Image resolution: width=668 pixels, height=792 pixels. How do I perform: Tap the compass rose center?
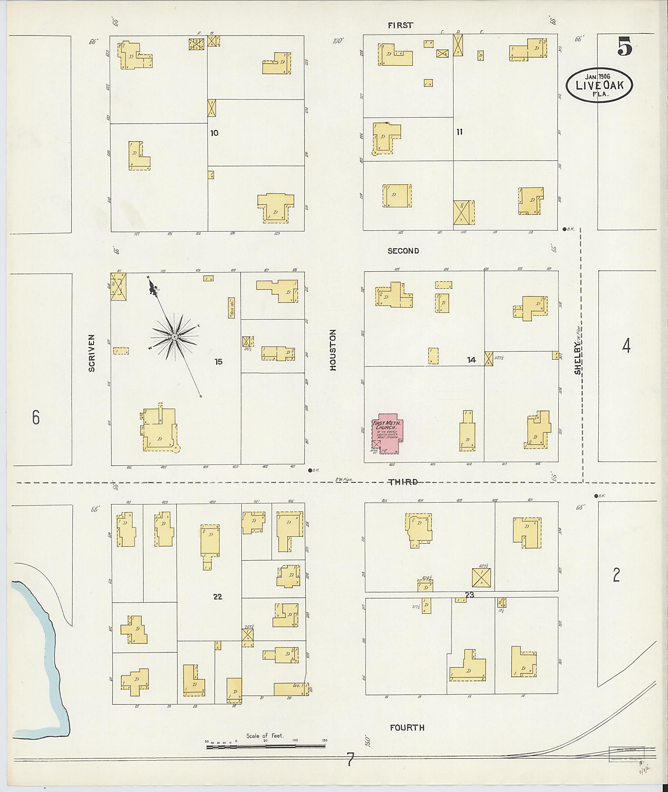coord(175,336)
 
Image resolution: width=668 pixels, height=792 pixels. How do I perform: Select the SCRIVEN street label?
coord(92,352)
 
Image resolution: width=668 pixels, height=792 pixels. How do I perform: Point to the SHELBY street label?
coord(577,358)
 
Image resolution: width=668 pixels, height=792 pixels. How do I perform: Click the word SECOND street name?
coord(403,251)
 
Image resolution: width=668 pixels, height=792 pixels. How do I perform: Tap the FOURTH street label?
coord(407,727)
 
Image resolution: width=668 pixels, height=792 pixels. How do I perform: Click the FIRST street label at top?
coord(400,25)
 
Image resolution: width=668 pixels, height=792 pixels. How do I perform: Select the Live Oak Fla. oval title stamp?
coord(600,85)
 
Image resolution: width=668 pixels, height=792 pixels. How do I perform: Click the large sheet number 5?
coord(625,47)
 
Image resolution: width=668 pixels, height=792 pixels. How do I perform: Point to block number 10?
coord(214,133)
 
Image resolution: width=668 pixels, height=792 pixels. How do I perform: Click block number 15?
coord(218,362)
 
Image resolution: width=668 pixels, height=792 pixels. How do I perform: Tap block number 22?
coord(217,596)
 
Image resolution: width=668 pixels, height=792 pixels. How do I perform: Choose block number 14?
coord(471,360)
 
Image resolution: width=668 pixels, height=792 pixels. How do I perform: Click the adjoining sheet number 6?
coord(36,417)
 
